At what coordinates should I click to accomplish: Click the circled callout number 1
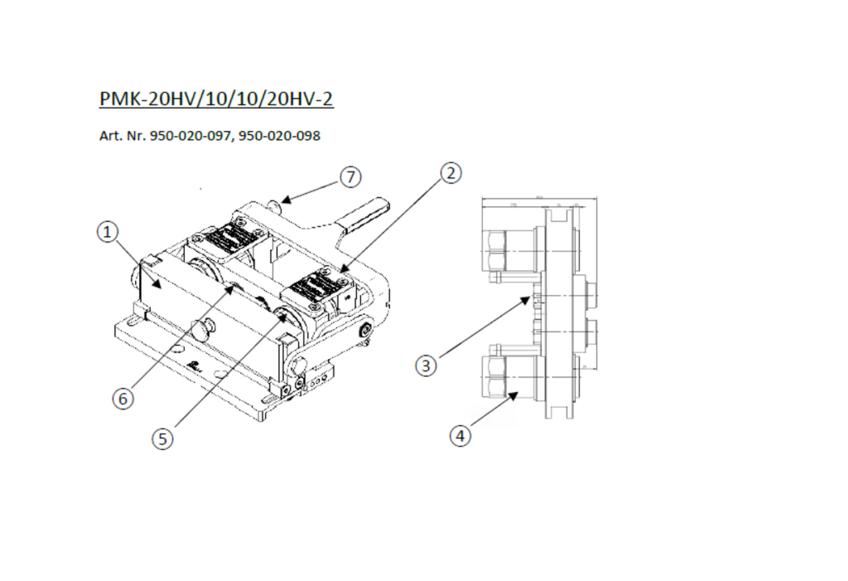click(107, 232)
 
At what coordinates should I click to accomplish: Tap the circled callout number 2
click(450, 173)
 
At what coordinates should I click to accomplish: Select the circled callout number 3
click(426, 365)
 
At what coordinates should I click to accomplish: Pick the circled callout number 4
click(460, 435)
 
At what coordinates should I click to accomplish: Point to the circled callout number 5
click(163, 438)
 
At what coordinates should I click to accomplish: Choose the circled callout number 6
click(123, 398)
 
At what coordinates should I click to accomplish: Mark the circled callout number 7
click(350, 177)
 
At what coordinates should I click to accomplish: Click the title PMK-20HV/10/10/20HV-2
click(216, 98)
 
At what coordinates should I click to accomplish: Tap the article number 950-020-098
click(279, 136)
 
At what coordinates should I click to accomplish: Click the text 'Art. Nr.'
click(123, 136)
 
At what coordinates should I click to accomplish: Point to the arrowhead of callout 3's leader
click(526, 300)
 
